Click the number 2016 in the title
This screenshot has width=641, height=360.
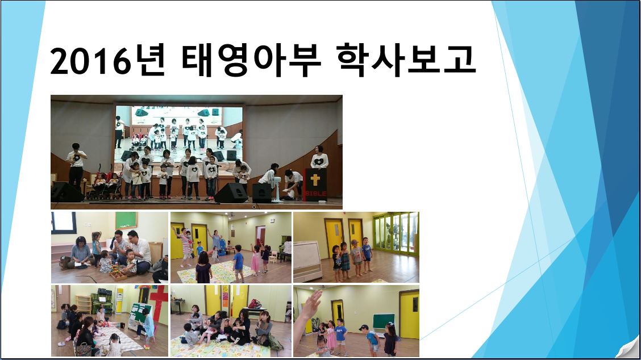(91, 61)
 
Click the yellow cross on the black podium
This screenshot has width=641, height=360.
(315, 179)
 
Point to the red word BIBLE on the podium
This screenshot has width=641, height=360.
(315, 193)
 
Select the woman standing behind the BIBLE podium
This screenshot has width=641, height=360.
(319, 158)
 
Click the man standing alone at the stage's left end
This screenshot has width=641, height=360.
(76, 166)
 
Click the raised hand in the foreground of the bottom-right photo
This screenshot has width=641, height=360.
(311, 304)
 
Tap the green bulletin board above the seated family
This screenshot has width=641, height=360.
(126, 220)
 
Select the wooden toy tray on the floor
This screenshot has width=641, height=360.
(118, 275)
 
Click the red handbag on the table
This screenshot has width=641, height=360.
(255, 304)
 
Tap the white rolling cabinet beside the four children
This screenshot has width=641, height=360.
(307, 262)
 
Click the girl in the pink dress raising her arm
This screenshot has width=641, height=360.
(255, 259)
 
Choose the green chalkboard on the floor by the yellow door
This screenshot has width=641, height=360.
(384, 321)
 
